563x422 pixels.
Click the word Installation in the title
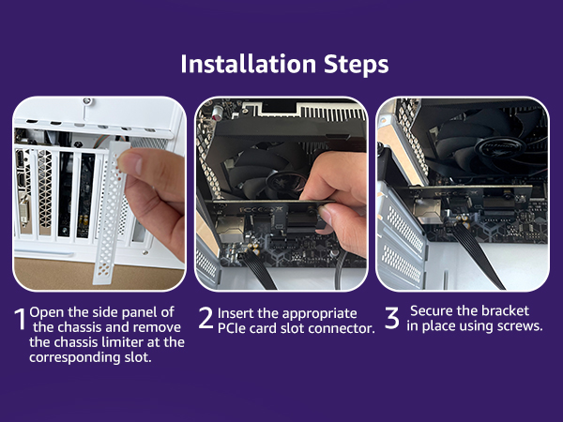(248, 64)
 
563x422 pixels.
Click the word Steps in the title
(357, 65)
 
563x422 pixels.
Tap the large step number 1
(21, 319)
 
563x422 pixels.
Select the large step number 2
(206, 318)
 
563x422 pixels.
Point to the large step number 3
(391, 318)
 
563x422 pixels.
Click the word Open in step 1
(47, 313)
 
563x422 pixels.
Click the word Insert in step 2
(236, 313)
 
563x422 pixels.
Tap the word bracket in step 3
(506, 310)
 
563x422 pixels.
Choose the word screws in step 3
(520, 326)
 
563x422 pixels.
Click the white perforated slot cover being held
(110, 212)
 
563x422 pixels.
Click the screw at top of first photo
(86, 102)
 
